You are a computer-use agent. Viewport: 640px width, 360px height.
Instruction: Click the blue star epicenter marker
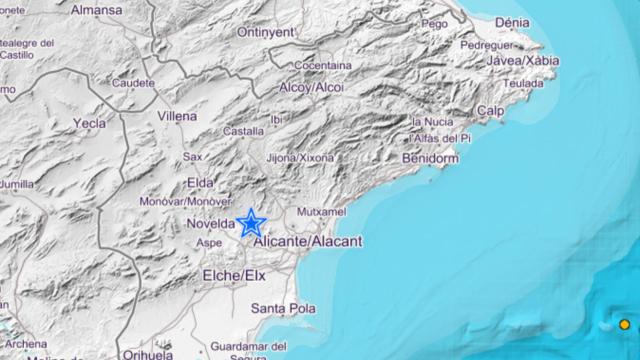(x=250, y=222)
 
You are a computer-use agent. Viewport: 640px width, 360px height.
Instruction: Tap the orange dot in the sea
(x=624, y=324)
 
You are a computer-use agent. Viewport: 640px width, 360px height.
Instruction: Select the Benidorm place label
(x=430, y=158)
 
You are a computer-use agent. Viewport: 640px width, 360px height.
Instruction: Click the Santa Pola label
(x=283, y=308)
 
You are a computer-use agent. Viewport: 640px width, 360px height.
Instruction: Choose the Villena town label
(x=177, y=116)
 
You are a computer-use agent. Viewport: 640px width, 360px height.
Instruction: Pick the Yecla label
(x=89, y=123)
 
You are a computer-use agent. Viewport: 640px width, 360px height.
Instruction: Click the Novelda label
(x=210, y=224)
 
